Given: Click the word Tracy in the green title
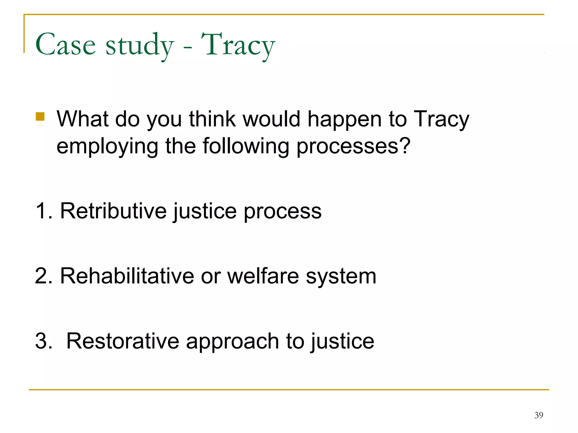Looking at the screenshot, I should coord(238,45).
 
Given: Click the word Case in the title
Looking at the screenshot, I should coord(65,45).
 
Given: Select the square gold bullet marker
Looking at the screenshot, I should coord(40,116).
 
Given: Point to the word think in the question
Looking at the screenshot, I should coord(212,119).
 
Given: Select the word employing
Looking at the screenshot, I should coord(107,147).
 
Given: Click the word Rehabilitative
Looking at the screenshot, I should coord(127,276).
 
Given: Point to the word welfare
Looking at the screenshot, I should coord(263,276).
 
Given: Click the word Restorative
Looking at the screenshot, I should coord(123,341).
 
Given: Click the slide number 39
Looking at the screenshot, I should coord(538,415).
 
